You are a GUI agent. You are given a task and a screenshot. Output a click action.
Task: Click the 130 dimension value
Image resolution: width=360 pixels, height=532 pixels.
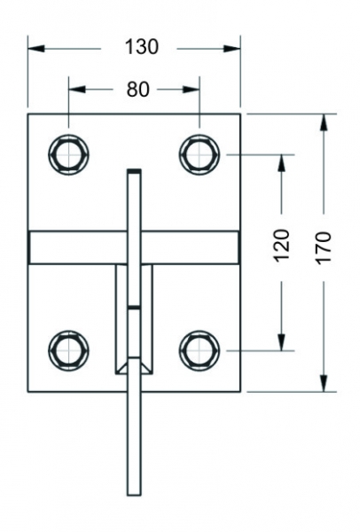point(142,47)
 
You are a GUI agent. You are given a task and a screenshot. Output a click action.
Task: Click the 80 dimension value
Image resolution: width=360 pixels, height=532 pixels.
point(138,90)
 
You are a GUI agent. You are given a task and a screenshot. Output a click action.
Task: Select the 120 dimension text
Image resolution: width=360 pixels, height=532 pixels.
point(282,246)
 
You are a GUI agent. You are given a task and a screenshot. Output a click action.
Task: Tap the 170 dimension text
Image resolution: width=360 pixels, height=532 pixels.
point(324,248)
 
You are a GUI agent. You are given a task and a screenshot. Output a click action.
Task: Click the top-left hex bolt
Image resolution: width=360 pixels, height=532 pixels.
point(68,154)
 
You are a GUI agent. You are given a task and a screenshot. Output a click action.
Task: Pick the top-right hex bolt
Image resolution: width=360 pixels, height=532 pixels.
point(200,154)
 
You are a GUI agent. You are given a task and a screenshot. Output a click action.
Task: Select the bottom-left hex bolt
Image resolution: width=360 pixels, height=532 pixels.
point(68,350)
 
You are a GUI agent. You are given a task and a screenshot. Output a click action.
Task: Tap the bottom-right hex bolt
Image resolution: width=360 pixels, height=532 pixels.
point(200,350)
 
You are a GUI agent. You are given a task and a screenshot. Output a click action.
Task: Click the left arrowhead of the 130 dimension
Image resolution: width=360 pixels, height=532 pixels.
point(36,49)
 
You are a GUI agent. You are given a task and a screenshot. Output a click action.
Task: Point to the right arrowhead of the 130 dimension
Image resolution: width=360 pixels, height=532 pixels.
point(232,49)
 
